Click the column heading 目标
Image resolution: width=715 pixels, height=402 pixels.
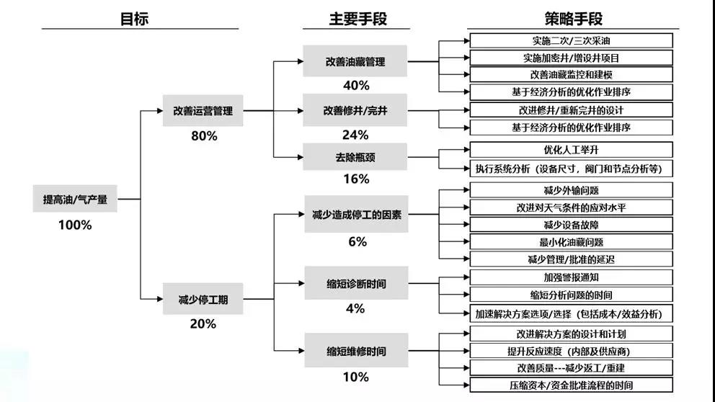click(134, 19)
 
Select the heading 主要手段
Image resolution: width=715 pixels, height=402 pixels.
click(358, 19)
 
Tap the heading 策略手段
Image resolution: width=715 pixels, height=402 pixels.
click(573, 19)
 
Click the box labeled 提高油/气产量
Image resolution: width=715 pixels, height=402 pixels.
click(75, 199)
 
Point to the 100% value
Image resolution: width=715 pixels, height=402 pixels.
click(75, 225)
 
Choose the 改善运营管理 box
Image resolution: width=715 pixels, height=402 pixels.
click(203, 110)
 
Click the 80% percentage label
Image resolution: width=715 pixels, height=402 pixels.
click(204, 136)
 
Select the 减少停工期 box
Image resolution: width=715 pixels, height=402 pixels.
click(203, 299)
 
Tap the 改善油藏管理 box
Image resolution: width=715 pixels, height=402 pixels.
click(355, 61)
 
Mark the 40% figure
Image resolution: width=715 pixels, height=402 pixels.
click(356, 85)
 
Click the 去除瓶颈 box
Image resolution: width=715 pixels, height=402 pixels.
click(355, 157)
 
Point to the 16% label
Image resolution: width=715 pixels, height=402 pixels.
click(356, 179)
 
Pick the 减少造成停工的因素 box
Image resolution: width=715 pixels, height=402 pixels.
click(357, 214)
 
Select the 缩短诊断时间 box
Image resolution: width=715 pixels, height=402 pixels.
click(357, 283)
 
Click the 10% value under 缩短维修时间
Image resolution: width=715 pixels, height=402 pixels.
click(355, 377)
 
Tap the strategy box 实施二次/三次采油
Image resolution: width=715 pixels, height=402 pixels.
click(572, 40)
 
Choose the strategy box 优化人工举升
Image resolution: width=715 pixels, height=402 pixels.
click(572, 150)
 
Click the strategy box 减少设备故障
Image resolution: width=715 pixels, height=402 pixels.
click(572, 224)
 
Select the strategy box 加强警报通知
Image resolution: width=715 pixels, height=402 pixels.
click(572, 277)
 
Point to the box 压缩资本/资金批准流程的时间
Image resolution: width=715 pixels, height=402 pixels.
click(572, 385)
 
